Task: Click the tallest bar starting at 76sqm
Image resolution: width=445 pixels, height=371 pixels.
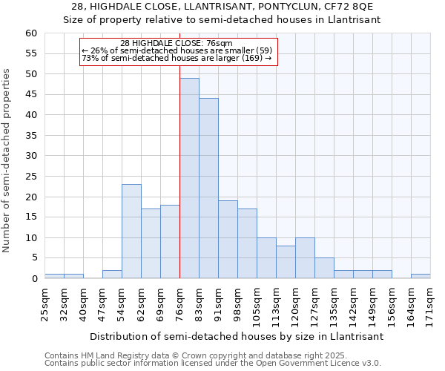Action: point(189,178)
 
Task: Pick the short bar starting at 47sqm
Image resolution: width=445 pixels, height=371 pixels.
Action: point(112,275)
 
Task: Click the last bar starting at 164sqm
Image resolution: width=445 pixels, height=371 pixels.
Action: point(421,276)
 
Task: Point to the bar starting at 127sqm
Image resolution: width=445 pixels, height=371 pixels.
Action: point(324,268)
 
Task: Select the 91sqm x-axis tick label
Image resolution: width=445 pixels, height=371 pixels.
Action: point(218,301)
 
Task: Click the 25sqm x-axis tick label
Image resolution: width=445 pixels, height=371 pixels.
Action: point(44,301)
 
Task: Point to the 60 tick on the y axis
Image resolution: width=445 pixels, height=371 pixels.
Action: point(30,33)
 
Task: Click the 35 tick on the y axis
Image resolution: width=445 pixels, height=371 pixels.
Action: point(30,136)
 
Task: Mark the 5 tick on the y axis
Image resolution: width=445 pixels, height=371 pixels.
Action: point(33,258)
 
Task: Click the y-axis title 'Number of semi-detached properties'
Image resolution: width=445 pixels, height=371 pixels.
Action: point(7,160)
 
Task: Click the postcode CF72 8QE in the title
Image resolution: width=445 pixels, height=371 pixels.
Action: point(353,7)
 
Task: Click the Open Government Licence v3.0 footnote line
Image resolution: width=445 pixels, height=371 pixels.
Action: point(213,364)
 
